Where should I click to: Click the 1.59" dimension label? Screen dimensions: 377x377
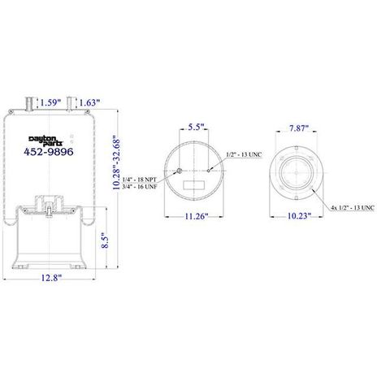click(x=50, y=102)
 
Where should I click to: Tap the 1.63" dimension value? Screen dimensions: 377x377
click(x=89, y=102)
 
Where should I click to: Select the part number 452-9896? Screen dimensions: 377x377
click(x=49, y=152)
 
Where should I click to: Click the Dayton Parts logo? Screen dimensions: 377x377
click(x=45, y=141)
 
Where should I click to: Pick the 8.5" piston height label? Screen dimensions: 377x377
click(x=105, y=241)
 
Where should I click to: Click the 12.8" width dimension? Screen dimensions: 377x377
click(x=51, y=278)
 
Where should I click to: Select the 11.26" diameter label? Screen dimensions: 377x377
click(x=197, y=216)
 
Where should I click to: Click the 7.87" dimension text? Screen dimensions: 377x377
click(x=299, y=128)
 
